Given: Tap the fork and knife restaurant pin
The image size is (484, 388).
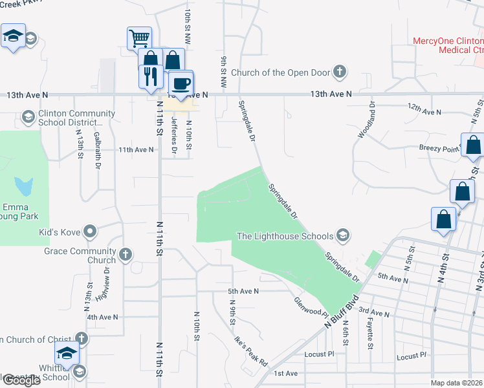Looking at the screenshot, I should [x=150, y=76].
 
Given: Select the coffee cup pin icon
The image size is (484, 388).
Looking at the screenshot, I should [x=181, y=83].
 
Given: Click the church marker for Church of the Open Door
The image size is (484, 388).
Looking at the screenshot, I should [x=340, y=72].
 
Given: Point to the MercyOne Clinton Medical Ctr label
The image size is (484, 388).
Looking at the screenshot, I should [x=448, y=45].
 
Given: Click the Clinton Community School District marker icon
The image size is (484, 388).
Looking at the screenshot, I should [x=28, y=117].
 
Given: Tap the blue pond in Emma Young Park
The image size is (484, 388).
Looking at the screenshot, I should [x=25, y=187].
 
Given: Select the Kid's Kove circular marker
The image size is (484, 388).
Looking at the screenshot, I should [x=90, y=231].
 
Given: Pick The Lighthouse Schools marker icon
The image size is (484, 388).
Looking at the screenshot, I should [x=344, y=236].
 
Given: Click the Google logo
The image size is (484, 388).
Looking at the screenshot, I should [x=21, y=380].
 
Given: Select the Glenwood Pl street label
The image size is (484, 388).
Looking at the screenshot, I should [x=307, y=306].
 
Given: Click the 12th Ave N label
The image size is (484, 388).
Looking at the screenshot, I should [x=424, y=111].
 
